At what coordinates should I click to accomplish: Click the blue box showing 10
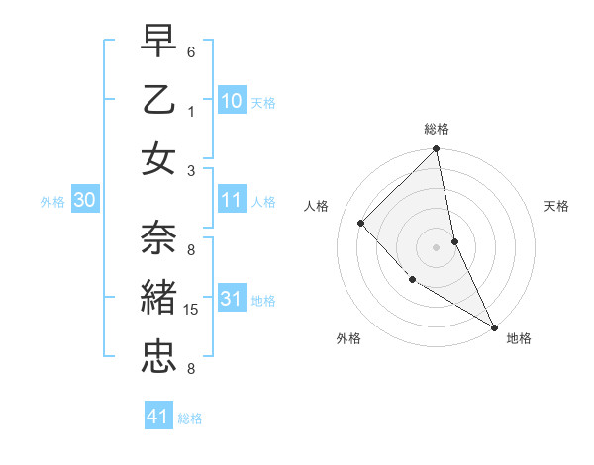(231, 101)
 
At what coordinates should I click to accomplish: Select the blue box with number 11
(231, 200)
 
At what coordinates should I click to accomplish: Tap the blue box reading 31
(231, 299)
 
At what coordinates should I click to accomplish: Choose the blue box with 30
(84, 200)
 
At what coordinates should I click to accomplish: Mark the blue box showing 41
(158, 417)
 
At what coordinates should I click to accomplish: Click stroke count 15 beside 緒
(191, 310)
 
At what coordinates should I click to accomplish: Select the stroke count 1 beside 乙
(191, 112)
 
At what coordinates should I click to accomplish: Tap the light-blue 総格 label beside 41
(191, 418)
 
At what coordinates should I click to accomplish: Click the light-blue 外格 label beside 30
(52, 202)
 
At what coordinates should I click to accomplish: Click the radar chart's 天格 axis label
(557, 206)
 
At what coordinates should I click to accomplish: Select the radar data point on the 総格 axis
(436, 150)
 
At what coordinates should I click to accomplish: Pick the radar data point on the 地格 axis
(494, 326)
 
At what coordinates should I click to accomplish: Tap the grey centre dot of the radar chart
(436, 246)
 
